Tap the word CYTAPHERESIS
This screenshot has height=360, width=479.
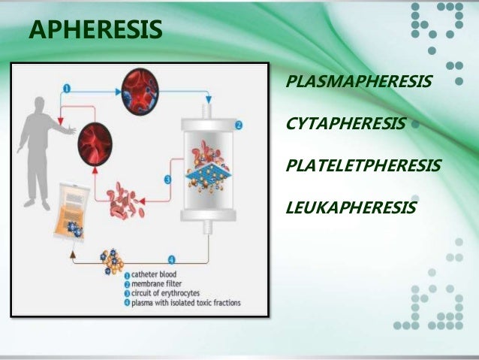(346, 123)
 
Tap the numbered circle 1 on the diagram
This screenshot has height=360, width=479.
(67, 88)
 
